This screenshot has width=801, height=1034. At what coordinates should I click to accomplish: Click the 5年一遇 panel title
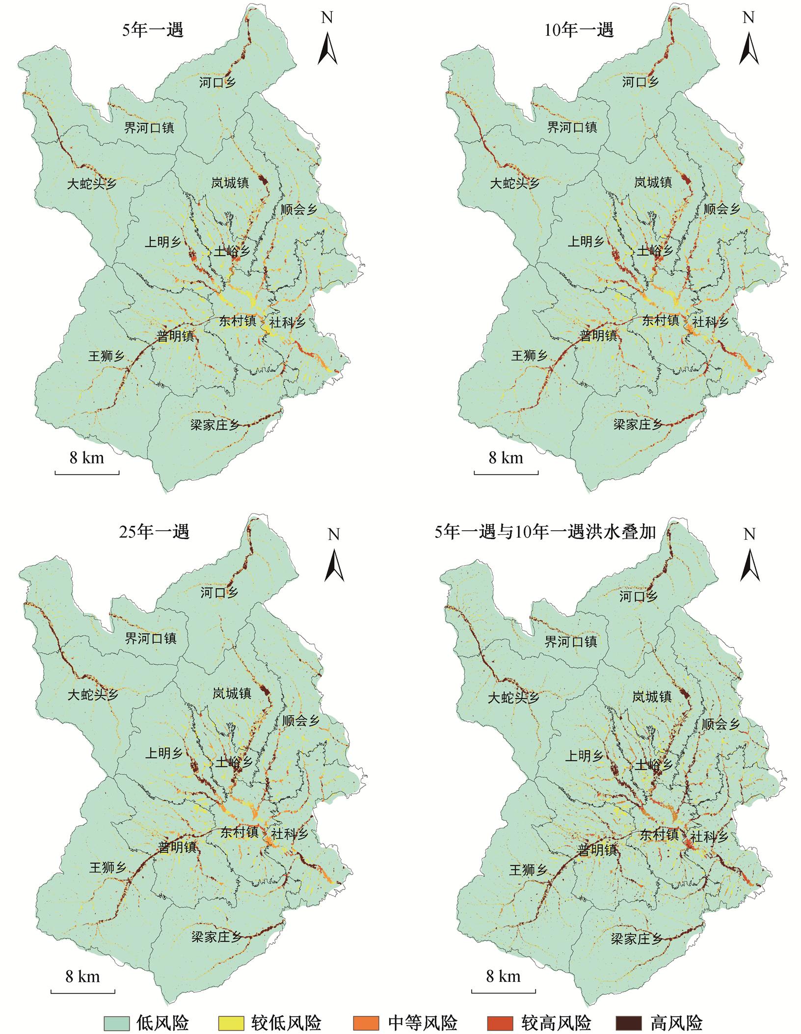(153, 30)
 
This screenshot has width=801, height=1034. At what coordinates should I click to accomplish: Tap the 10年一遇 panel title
(579, 30)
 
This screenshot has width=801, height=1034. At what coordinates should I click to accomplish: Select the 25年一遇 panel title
(154, 532)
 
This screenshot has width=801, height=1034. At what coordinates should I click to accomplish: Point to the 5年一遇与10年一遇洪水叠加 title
(545, 532)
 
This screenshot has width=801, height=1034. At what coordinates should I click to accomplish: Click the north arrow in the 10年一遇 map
(748, 47)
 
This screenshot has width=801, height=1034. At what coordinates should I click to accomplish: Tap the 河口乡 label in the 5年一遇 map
(217, 82)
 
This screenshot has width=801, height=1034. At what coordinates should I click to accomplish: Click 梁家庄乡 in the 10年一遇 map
(638, 424)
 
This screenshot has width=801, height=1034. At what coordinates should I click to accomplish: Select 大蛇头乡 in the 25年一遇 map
(93, 695)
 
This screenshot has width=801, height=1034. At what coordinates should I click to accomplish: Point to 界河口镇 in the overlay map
(571, 641)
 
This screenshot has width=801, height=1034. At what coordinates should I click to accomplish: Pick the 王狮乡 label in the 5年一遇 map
(107, 356)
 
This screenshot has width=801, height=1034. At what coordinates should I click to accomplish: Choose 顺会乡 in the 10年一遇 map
(721, 210)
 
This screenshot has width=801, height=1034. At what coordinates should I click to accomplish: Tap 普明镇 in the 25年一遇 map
(177, 847)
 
